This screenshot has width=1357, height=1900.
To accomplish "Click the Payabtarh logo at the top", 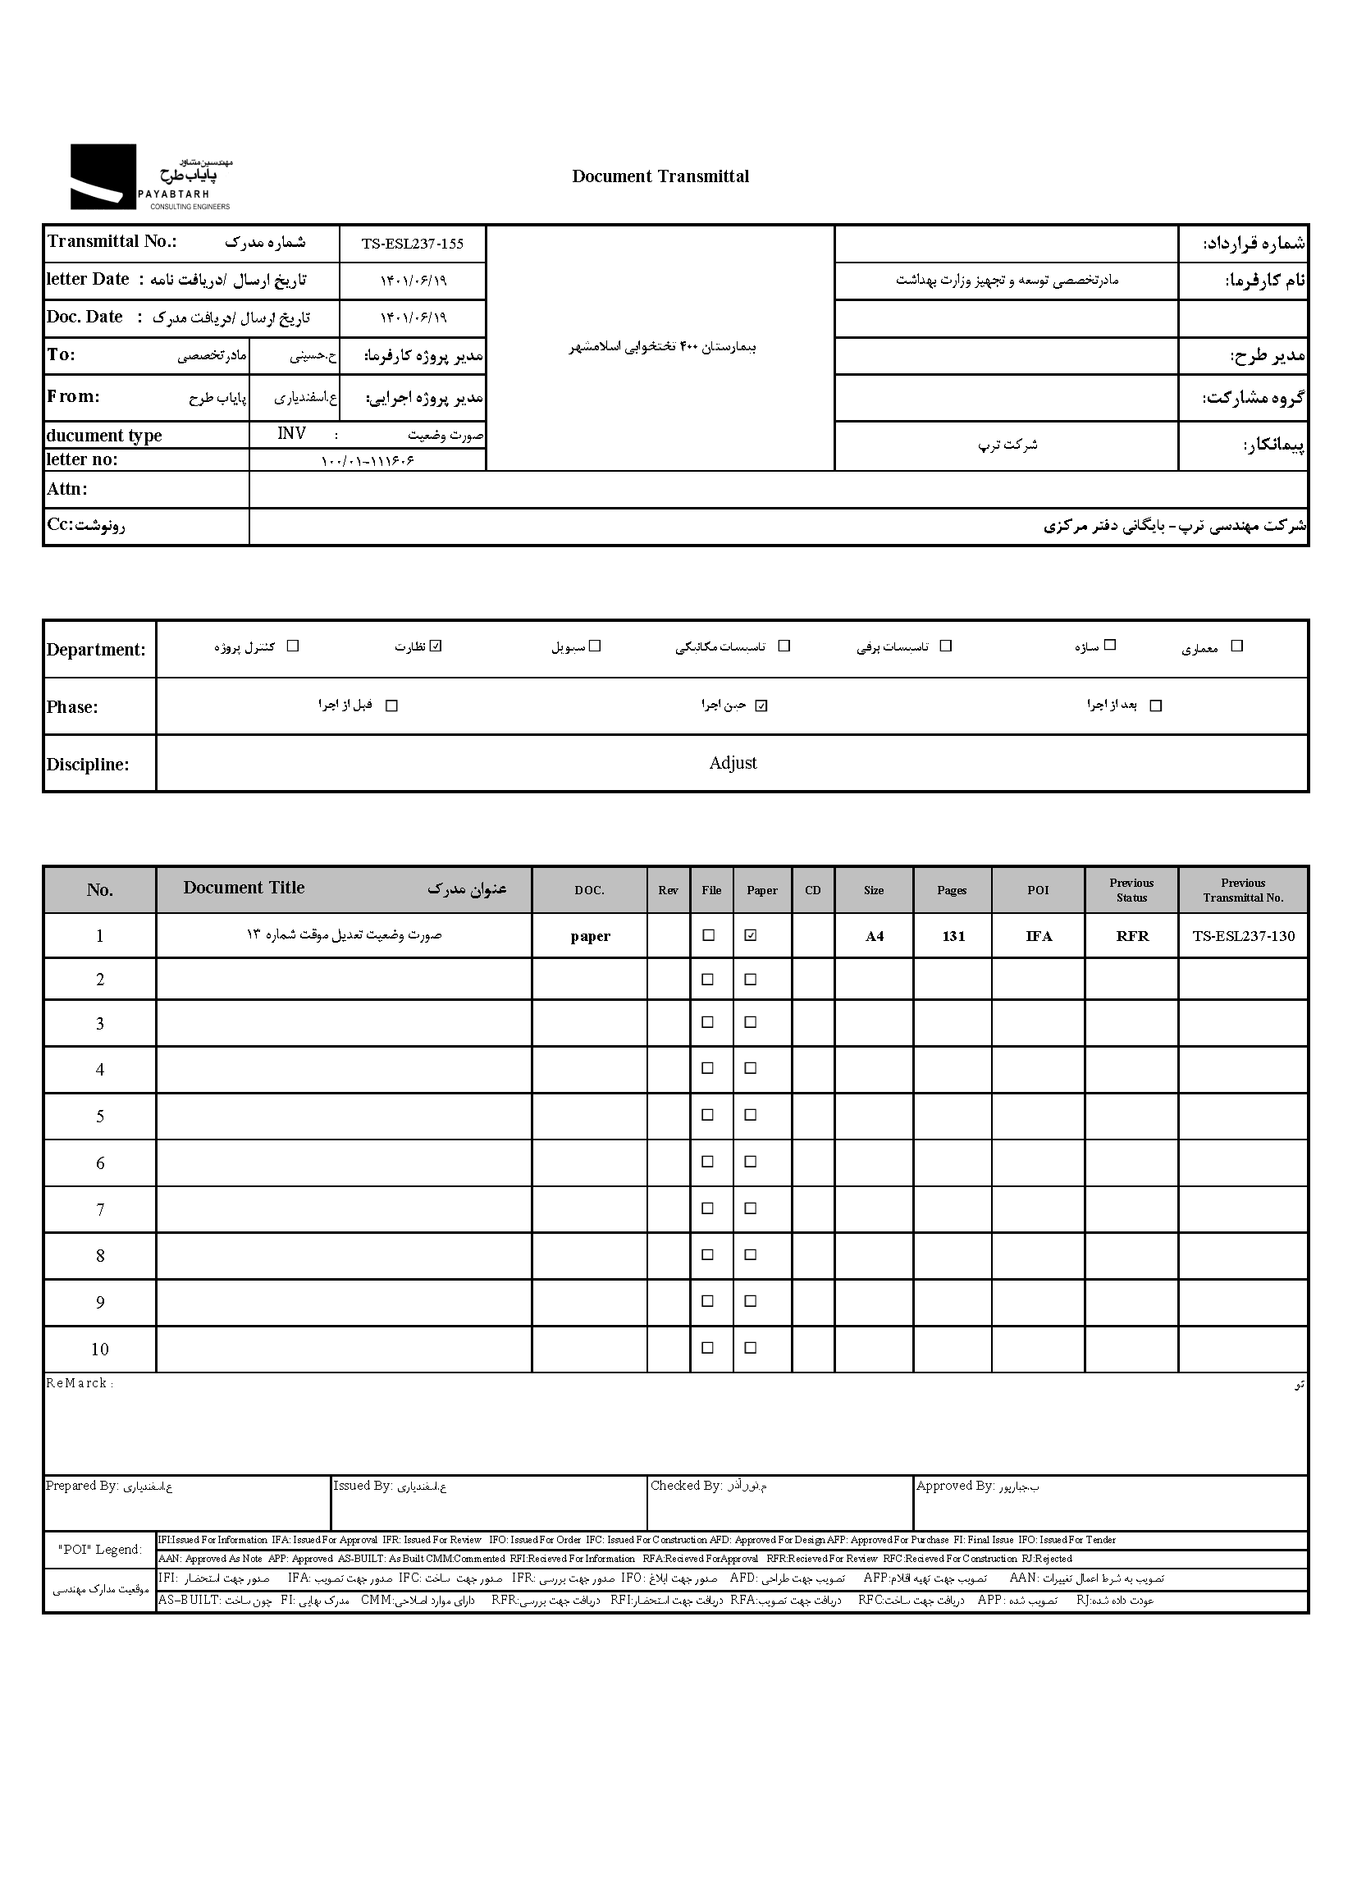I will [150, 176].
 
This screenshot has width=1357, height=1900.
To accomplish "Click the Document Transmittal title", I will [660, 176].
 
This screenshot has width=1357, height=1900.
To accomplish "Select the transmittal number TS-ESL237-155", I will [412, 244].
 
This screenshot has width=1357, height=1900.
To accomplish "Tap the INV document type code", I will [291, 434].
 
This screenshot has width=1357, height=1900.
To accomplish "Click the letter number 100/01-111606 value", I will [368, 460].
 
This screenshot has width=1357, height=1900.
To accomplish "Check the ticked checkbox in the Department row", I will [436, 646].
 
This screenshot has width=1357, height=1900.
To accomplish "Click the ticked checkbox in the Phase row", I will [761, 706].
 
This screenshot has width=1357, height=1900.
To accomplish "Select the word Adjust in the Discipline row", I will [733, 763].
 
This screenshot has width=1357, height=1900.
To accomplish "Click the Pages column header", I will [952, 891].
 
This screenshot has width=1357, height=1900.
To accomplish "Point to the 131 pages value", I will [953, 937].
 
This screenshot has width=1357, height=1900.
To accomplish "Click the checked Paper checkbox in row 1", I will [751, 936].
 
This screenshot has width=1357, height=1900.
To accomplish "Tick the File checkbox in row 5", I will [708, 1115].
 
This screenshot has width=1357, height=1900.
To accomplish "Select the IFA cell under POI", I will [1039, 937].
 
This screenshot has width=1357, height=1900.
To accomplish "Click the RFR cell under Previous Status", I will [1132, 937].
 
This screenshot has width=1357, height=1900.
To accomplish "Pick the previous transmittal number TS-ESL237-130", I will [1243, 937].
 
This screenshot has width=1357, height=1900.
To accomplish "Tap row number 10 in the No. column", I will [99, 1350].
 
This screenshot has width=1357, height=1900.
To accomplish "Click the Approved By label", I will [955, 1486].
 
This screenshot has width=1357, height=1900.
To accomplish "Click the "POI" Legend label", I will [99, 1550].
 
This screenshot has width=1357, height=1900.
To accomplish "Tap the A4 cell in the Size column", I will [874, 937].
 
